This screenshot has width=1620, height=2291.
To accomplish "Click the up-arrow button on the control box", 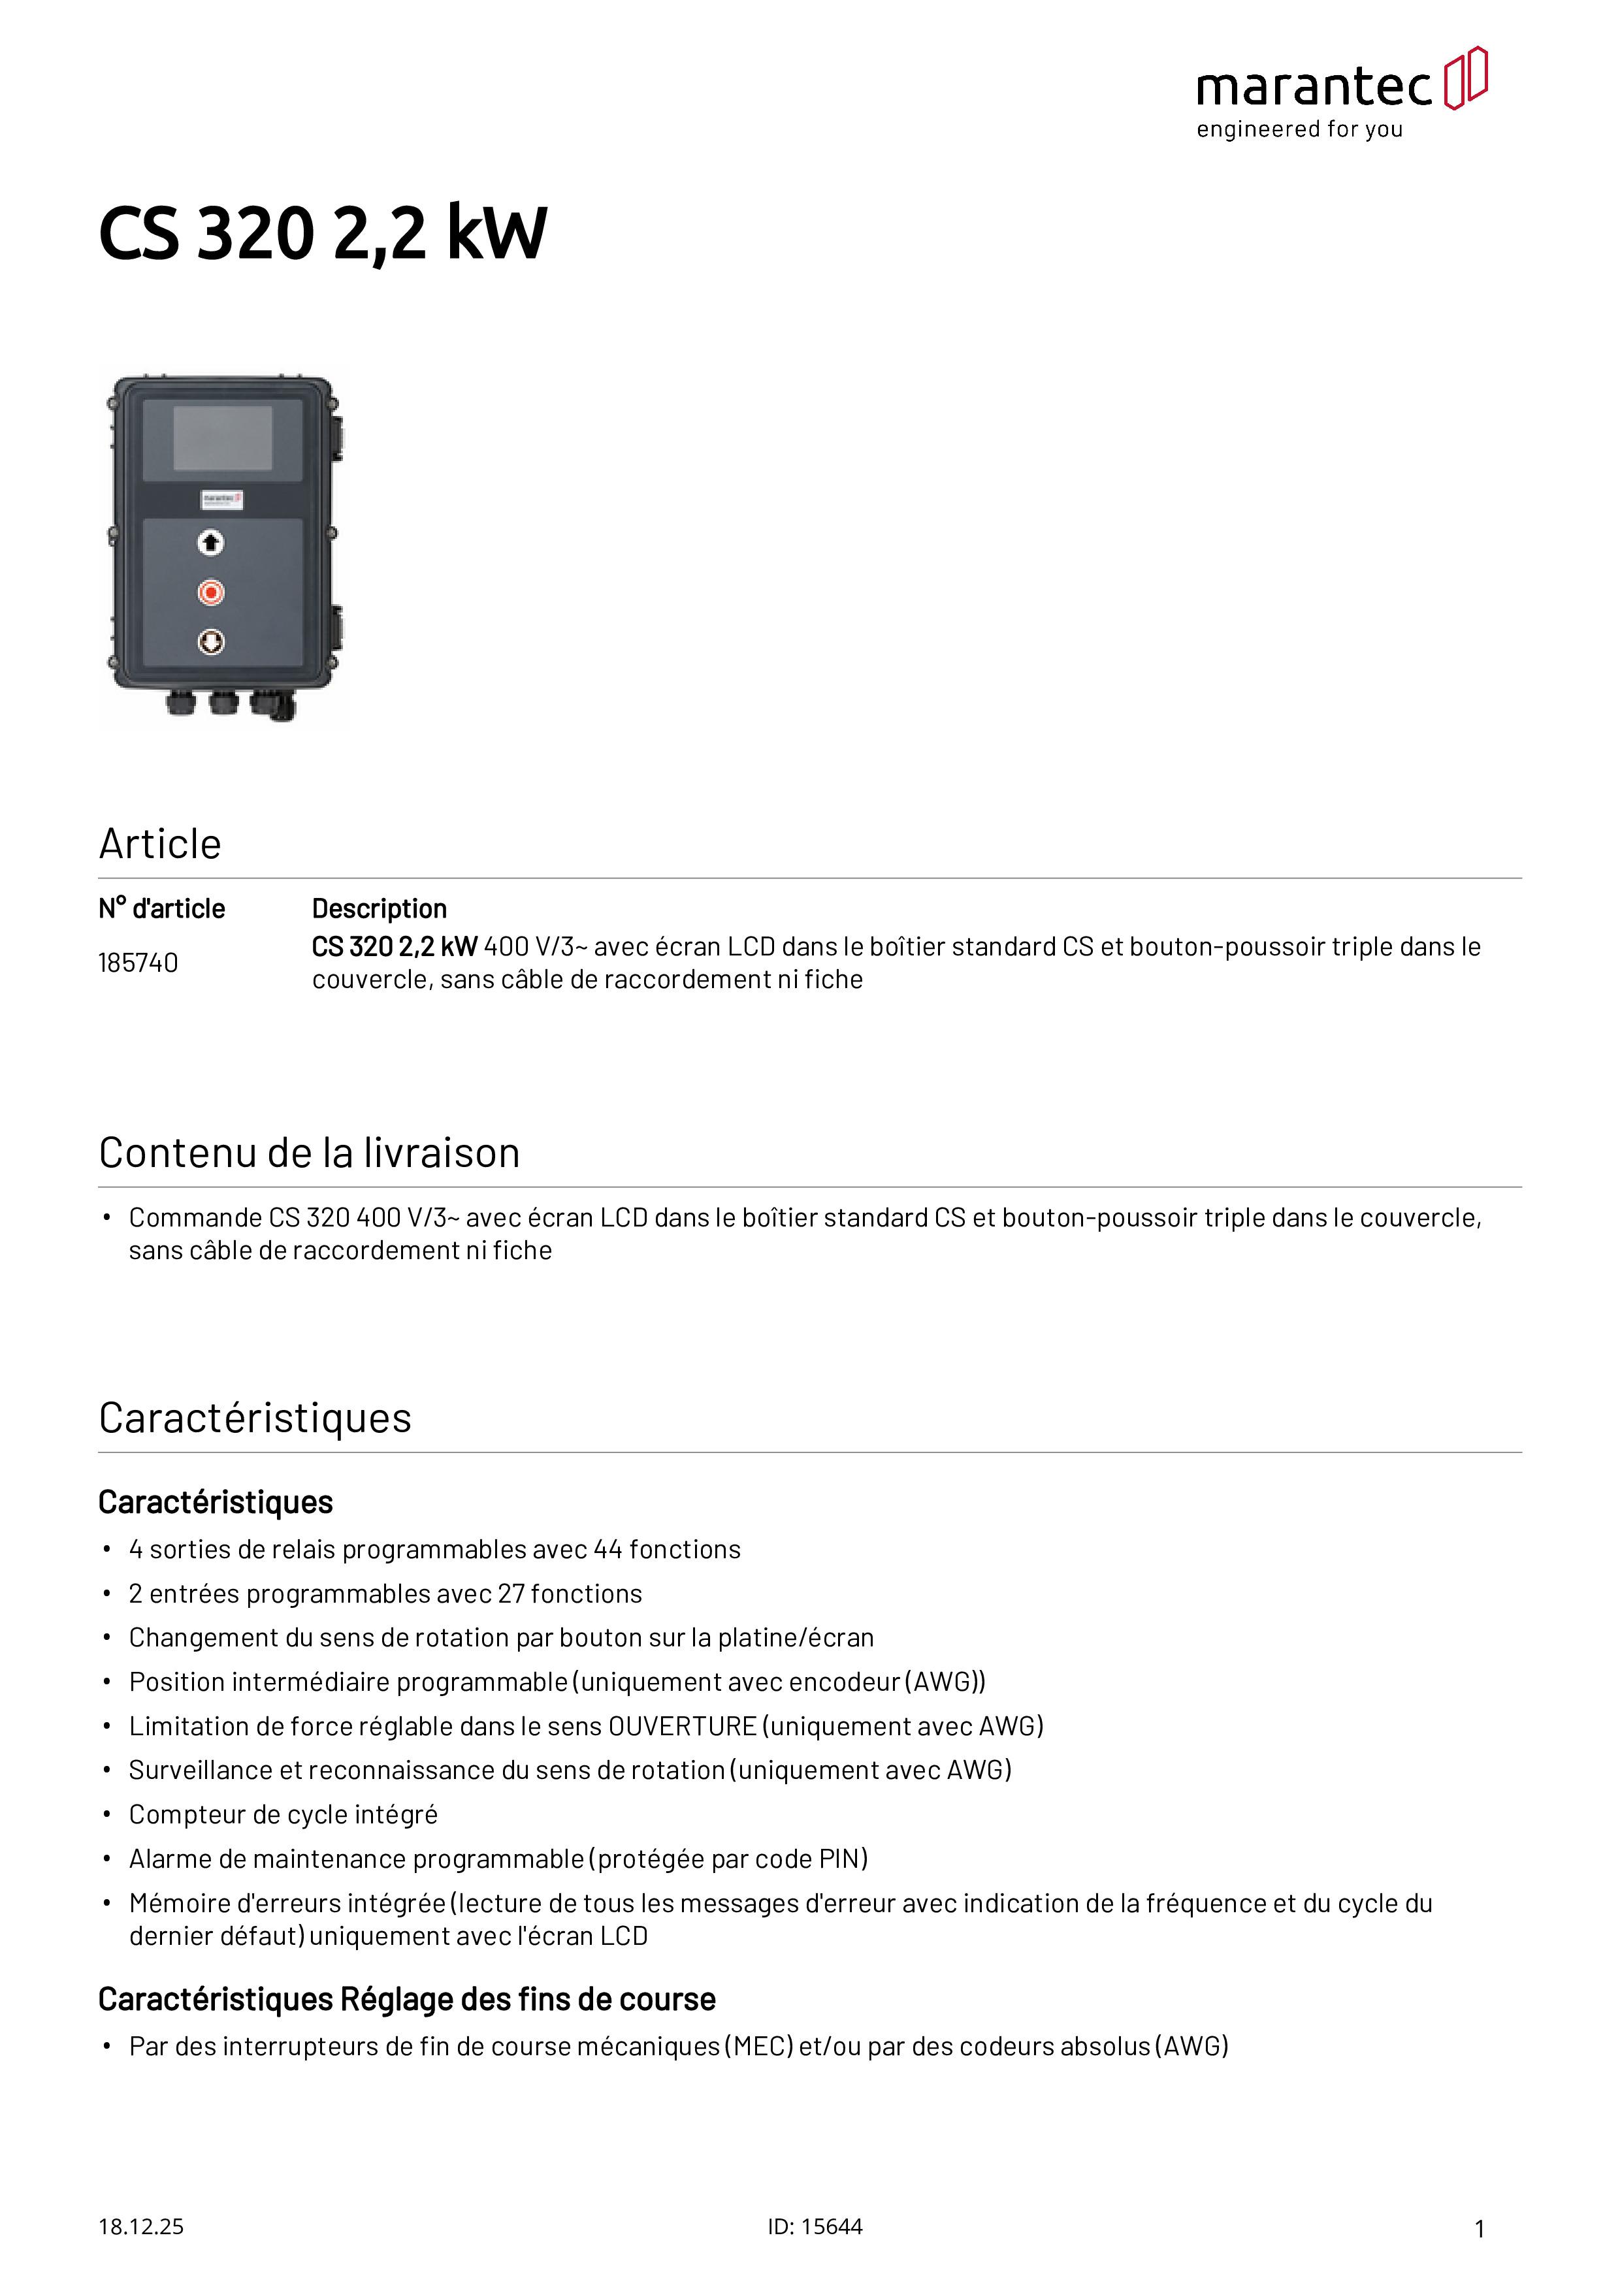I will (x=210, y=543).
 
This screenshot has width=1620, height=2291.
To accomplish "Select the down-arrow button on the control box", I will (x=210, y=641).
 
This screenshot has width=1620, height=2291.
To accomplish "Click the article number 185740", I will (x=138, y=963).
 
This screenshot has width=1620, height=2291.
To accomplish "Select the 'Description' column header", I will (x=380, y=909).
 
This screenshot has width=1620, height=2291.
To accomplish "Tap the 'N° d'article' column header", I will (x=162, y=909).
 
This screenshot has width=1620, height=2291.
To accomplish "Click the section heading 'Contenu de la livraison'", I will (x=310, y=1153).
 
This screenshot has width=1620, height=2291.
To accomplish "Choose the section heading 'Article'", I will (x=159, y=844).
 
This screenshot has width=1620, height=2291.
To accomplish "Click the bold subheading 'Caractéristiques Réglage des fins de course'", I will (x=406, y=2000).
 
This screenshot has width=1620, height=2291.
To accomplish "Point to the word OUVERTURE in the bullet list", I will (x=682, y=1726).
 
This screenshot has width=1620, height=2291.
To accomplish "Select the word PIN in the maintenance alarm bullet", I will (x=839, y=1859).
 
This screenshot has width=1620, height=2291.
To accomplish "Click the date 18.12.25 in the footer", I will (x=140, y=2227).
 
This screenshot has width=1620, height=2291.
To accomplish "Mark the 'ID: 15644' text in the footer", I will (x=815, y=2227).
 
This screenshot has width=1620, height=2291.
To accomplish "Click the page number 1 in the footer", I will (x=1480, y=2229).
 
